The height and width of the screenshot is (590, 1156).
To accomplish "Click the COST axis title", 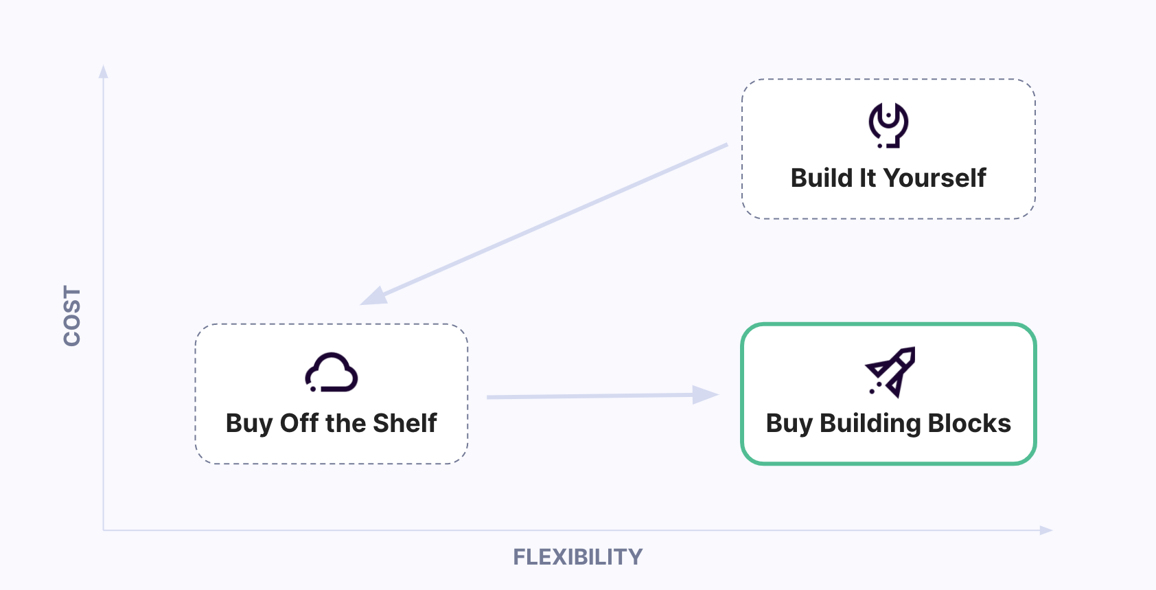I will (72, 316).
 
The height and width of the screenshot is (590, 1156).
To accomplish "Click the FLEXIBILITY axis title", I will (577, 556).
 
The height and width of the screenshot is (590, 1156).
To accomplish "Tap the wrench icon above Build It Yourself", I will (888, 125).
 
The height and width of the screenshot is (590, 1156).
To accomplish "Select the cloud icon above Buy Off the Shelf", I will (332, 372).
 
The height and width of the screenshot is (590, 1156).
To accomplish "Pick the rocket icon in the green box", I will (890, 372).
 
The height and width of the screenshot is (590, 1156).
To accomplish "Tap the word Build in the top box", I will (821, 178).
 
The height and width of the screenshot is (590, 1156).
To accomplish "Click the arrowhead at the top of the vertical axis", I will (104, 71).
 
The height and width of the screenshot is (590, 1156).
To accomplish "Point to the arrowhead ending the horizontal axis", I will (1045, 530).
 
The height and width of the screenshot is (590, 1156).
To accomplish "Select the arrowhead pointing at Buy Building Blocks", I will (705, 395).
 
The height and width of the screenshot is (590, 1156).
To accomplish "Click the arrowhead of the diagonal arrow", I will (374, 296).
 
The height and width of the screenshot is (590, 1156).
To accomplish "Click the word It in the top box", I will (868, 178).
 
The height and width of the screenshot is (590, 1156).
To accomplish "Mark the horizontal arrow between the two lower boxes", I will (590, 396).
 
